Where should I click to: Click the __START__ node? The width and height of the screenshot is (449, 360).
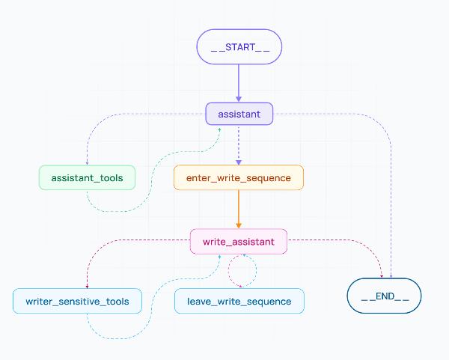(x=239, y=46)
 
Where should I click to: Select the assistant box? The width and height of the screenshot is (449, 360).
(x=239, y=114)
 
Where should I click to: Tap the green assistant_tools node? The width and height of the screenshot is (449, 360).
(x=87, y=177)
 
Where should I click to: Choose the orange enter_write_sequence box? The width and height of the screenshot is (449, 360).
(x=239, y=177)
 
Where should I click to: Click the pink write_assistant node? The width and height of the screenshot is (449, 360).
(x=239, y=241)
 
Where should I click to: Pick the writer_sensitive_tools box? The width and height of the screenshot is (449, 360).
(x=77, y=301)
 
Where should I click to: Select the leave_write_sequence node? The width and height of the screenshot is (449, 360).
(x=239, y=301)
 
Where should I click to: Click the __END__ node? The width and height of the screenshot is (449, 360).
(x=384, y=296)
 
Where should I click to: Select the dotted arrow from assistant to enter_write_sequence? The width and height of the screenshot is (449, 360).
(x=239, y=144)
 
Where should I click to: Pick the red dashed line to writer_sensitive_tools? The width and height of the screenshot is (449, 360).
(x=112, y=242)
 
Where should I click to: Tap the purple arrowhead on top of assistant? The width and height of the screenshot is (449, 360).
(x=239, y=98)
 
